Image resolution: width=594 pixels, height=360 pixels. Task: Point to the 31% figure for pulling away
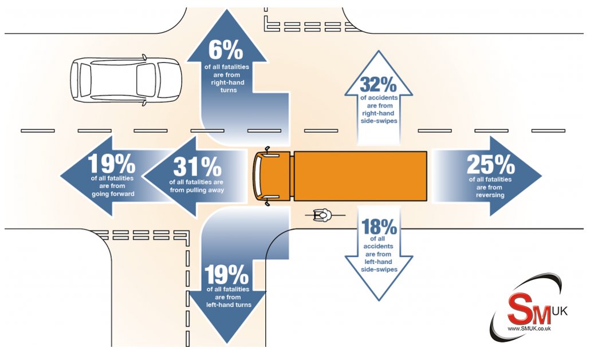click(196, 167)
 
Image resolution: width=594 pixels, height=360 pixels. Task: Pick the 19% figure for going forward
click(112, 164)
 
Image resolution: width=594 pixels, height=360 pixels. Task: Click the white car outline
click(125, 80)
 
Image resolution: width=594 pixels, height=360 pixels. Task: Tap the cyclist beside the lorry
click(321, 215)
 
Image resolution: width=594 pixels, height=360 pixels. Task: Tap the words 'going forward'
click(112, 194)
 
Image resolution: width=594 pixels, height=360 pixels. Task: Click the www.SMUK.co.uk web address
click(528, 329)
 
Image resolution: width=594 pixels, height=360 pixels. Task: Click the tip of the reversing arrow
click(540, 176)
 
